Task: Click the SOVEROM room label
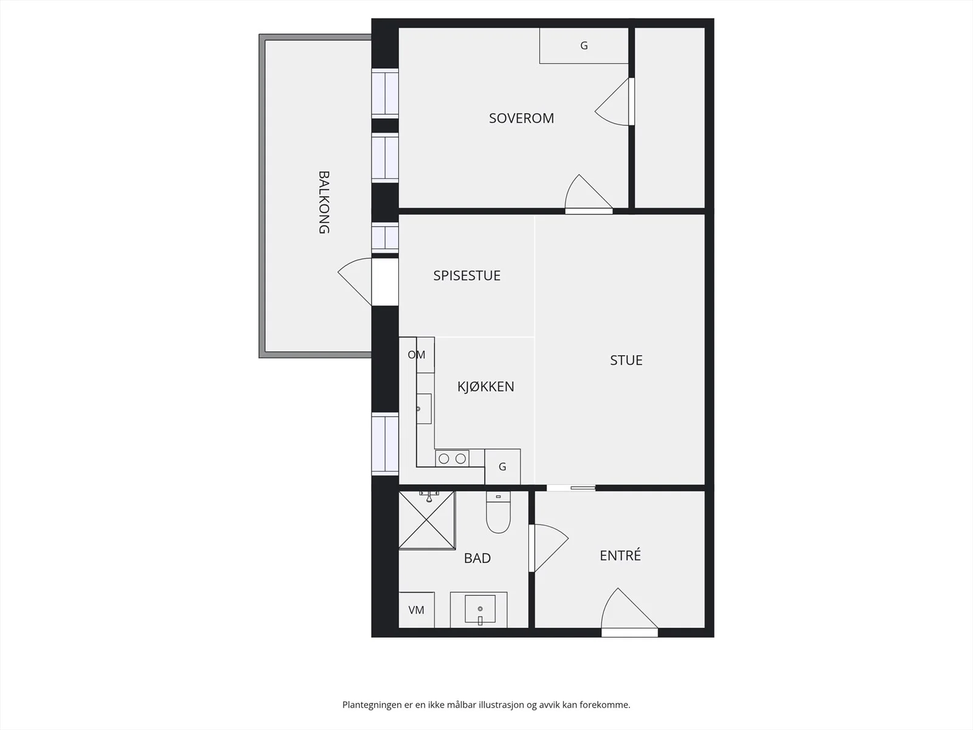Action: point(521,119)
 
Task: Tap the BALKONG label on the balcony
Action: point(324,202)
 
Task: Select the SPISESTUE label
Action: point(467,276)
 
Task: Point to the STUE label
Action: point(626,360)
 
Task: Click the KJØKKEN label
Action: point(485,386)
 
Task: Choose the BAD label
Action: point(477,558)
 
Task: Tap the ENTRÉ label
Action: point(620,555)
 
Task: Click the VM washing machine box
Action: point(416,610)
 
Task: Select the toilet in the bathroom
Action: point(498,512)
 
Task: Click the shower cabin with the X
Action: point(427,520)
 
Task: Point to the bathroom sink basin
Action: point(480,609)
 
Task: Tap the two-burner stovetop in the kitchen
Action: point(452,458)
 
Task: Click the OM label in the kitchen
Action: point(416,355)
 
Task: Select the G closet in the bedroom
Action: point(584,46)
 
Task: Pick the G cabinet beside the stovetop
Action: point(502,467)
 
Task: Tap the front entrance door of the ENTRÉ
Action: point(629,612)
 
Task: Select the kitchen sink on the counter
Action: point(424,409)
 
